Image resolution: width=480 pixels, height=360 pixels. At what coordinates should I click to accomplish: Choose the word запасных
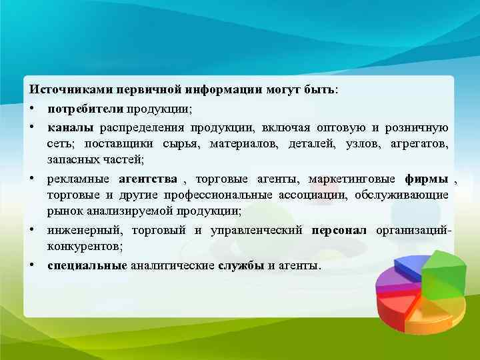coord(69,160)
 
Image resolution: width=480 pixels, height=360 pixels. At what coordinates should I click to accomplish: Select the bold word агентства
coord(147,179)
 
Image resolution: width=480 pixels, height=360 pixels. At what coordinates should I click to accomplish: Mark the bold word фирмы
coord(426,179)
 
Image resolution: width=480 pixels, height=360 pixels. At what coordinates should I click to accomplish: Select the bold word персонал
coord(339,230)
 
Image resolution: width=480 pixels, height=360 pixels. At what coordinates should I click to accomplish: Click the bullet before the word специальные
coord(32,265)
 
